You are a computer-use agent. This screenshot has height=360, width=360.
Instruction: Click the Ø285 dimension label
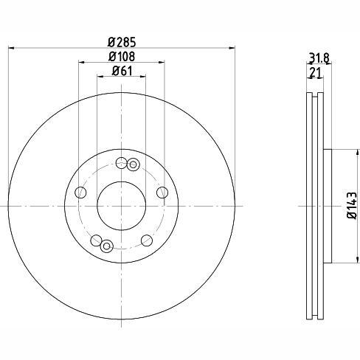click(x=122, y=42)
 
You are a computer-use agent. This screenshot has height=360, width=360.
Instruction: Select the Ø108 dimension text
click(x=122, y=57)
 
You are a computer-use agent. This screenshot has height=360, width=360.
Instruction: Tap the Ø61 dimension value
click(x=122, y=71)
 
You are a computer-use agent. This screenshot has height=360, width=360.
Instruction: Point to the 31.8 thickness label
click(x=319, y=58)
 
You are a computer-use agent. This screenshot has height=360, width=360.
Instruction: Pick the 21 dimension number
click(x=316, y=72)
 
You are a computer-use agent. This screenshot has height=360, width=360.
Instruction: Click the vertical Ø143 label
click(x=352, y=205)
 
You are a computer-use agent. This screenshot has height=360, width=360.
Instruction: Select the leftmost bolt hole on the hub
click(x=80, y=193)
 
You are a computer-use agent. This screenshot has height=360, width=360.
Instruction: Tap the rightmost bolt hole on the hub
click(x=162, y=193)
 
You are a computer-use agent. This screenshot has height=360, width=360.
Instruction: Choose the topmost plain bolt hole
click(x=122, y=163)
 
